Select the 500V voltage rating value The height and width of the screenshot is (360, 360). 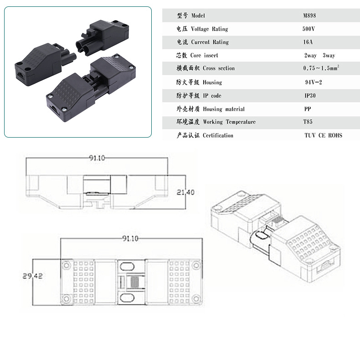(309, 29)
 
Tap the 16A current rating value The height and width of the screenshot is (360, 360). (309, 42)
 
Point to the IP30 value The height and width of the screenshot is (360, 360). (310, 96)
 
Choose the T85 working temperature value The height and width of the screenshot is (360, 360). (309, 122)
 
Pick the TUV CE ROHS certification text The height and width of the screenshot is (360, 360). (323, 135)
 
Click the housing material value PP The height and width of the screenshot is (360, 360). (308, 109)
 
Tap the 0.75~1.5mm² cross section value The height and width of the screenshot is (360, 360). (321, 68)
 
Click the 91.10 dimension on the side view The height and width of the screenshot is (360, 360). (97, 158)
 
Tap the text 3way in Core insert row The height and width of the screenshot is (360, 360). (329, 55)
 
